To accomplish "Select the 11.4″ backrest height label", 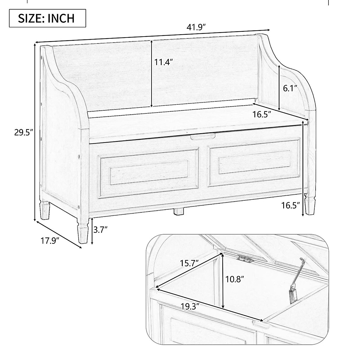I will (x=164, y=62).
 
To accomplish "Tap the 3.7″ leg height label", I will (x=100, y=230).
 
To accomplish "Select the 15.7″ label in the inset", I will (x=189, y=263).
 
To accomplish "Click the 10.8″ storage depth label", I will (x=235, y=279).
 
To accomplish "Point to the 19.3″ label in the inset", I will (x=190, y=307).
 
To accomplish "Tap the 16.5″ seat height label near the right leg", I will (x=291, y=205).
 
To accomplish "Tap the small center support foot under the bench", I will (x=179, y=211).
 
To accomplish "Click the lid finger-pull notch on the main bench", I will (x=203, y=136).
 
